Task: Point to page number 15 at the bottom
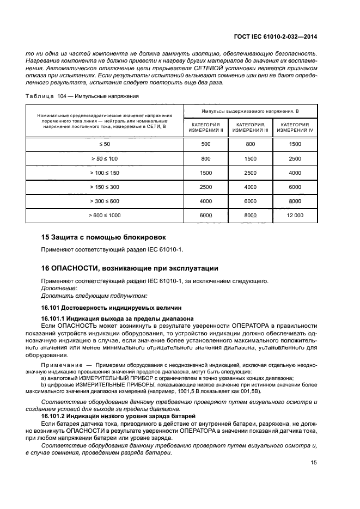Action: [313, 463]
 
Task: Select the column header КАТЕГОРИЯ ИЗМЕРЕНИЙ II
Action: [206, 128]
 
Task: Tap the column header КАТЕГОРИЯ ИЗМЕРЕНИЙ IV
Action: [295, 128]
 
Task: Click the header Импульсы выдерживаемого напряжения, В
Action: [251, 111]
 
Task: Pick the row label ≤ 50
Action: [105, 144]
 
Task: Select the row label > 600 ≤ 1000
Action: [105, 216]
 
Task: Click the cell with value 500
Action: [206, 144]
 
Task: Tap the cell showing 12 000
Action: [295, 216]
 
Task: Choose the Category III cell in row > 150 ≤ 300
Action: [250, 187]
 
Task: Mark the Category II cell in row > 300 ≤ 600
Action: [206, 201]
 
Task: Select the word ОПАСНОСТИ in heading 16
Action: [74, 268]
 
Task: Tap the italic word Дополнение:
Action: [59, 288]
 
